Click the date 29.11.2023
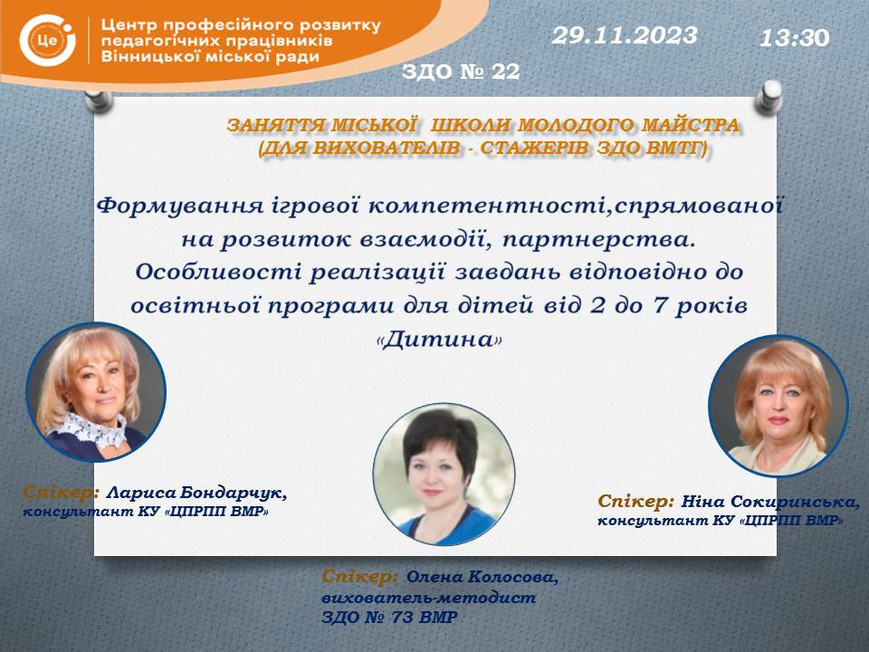[625, 35]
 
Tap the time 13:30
[794, 38]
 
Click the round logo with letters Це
[47, 41]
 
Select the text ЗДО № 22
[461, 71]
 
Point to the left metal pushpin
[99, 101]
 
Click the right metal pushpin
[769, 97]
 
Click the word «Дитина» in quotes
[439, 339]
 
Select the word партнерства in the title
[598, 239]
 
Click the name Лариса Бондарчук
[196, 493]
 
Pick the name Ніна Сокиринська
[770, 502]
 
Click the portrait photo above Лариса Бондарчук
[96, 392]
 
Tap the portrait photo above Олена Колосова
[444, 474]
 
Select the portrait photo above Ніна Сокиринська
[778, 406]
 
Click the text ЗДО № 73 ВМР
[389, 617]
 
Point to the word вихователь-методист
[428, 598]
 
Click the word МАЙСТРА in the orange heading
[690, 126]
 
